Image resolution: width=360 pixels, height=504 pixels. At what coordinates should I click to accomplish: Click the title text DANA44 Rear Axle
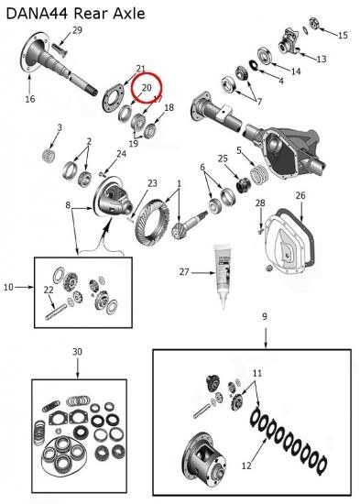click(75, 14)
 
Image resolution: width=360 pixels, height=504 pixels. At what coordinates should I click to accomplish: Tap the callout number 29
click(77, 30)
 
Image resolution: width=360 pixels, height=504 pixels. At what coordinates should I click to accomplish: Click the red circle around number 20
click(147, 87)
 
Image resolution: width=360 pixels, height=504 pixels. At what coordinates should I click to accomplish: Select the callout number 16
click(30, 99)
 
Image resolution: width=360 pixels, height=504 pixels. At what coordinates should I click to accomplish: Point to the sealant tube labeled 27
click(224, 276)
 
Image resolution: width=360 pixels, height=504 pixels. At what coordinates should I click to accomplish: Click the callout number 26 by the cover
click(300, 195)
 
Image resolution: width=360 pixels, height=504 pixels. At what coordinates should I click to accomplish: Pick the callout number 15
click(343, 35)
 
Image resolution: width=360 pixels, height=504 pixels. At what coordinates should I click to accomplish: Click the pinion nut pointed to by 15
click(315, 24)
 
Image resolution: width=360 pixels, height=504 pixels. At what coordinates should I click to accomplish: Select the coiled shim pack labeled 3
click(49, 156)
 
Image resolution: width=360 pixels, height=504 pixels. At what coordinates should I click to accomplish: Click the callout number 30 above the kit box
click(77, 352)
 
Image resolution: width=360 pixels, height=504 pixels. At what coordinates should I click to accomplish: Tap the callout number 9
click(264, 317)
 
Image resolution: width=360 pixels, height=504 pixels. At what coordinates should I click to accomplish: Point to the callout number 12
click(246, 466)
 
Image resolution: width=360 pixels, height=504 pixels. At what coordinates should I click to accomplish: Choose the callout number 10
click(8, 287)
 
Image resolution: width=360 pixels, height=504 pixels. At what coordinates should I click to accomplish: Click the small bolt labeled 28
click(260, 230)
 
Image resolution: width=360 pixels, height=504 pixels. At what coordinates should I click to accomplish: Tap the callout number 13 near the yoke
click(322, 60)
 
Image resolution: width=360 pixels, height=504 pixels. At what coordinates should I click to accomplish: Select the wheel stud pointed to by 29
click(59, 49)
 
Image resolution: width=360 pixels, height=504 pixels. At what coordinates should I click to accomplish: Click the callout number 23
click(152, 183)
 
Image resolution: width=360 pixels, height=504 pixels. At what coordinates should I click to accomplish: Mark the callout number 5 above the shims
click(239, 150)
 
